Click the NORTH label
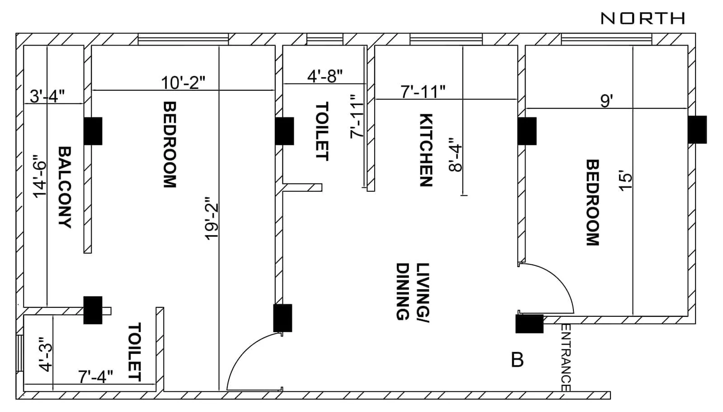[x=643, y=19]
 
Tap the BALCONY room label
[x=65, y=187]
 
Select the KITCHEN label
[x=426, y=150]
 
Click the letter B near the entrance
[x=517, y=360]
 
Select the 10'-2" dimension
[x=183, y=83]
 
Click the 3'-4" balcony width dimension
[x=47, y=96]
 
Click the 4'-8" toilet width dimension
[x=325, y=76]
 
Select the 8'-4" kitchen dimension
[x=455, y=157]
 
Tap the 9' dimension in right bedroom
[x=606, y=101]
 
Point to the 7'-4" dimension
[x=95, y=376]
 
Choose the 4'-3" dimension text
[x=46, y=354]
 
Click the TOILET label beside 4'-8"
[x=322, y=131]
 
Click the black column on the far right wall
[x=697, y=130]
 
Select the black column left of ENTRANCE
[x=529, y=324]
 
